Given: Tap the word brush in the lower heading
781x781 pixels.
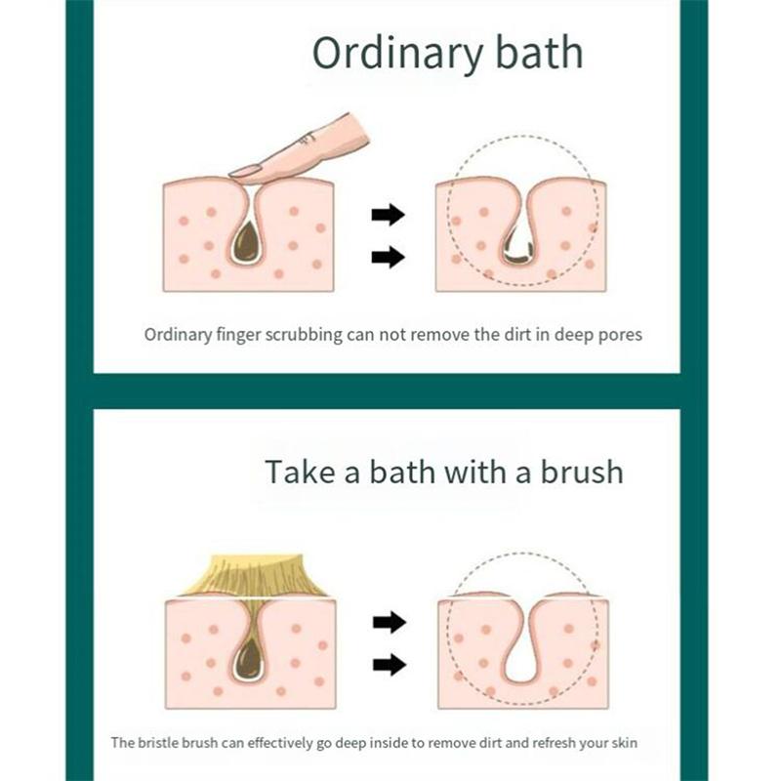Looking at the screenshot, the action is [582, 472].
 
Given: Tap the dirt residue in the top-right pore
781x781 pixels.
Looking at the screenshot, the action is [519, 253].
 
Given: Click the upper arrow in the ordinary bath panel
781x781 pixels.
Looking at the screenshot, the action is [388, 215].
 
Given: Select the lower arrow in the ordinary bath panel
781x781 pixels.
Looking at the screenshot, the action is [388, 257].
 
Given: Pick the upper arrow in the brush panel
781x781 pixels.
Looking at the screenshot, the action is [390, 622].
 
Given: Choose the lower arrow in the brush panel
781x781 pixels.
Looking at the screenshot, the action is [390, 665].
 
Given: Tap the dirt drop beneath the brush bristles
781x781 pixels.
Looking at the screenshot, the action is [249, 658].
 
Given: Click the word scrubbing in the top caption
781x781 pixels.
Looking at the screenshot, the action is [304, 335].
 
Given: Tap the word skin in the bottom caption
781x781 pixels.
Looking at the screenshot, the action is [625, 743].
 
